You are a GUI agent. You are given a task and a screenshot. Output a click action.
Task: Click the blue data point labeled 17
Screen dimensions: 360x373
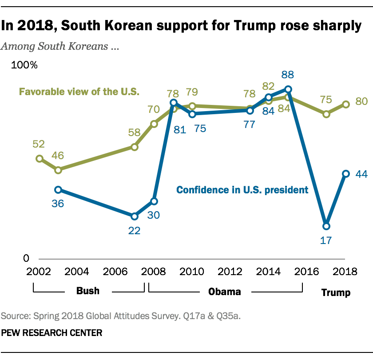[326, 226]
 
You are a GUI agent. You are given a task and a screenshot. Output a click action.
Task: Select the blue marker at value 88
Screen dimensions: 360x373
[288, 89]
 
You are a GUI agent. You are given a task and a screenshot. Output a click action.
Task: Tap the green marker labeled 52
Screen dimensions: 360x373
[40, 159]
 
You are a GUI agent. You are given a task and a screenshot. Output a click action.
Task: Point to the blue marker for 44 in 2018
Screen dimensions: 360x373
[345, 174]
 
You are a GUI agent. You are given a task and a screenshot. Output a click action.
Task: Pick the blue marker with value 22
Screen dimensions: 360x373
[135, 216]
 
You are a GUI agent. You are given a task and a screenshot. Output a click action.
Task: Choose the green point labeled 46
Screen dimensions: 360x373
[58, 170]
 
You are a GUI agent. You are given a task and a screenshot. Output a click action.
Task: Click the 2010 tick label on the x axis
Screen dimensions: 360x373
[192, 272]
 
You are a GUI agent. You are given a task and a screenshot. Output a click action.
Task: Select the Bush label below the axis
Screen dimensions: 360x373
[88, 292]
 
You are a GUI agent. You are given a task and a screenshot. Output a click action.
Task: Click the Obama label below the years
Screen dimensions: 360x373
[225, 292]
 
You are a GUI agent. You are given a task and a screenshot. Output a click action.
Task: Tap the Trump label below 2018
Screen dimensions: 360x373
[336, 292]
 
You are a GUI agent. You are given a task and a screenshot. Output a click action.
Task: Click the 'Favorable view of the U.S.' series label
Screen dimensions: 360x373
[79, 92]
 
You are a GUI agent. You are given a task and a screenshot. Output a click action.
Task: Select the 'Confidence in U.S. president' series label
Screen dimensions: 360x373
[242, 190]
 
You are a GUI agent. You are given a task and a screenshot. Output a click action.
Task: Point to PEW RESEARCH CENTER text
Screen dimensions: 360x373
[52, 332]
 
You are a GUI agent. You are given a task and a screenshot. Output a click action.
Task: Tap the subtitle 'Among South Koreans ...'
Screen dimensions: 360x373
[60, 46]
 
